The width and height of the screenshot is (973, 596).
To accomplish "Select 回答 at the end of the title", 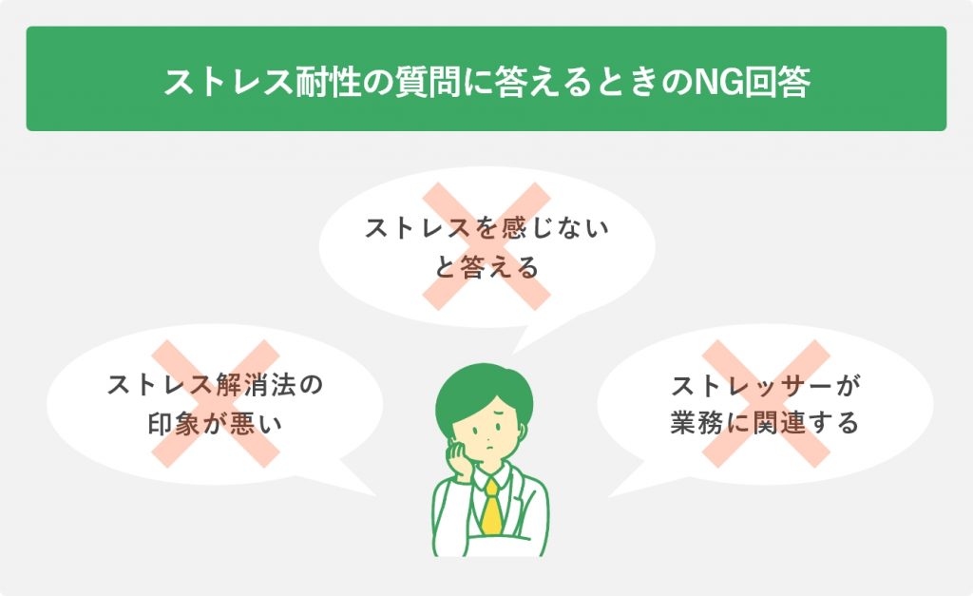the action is [777, 82].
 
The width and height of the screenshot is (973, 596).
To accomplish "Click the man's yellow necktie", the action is [491, 507].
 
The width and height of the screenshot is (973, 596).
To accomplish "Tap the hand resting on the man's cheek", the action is [461, 459].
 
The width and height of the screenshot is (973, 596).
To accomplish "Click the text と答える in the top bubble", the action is [486, 268].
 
